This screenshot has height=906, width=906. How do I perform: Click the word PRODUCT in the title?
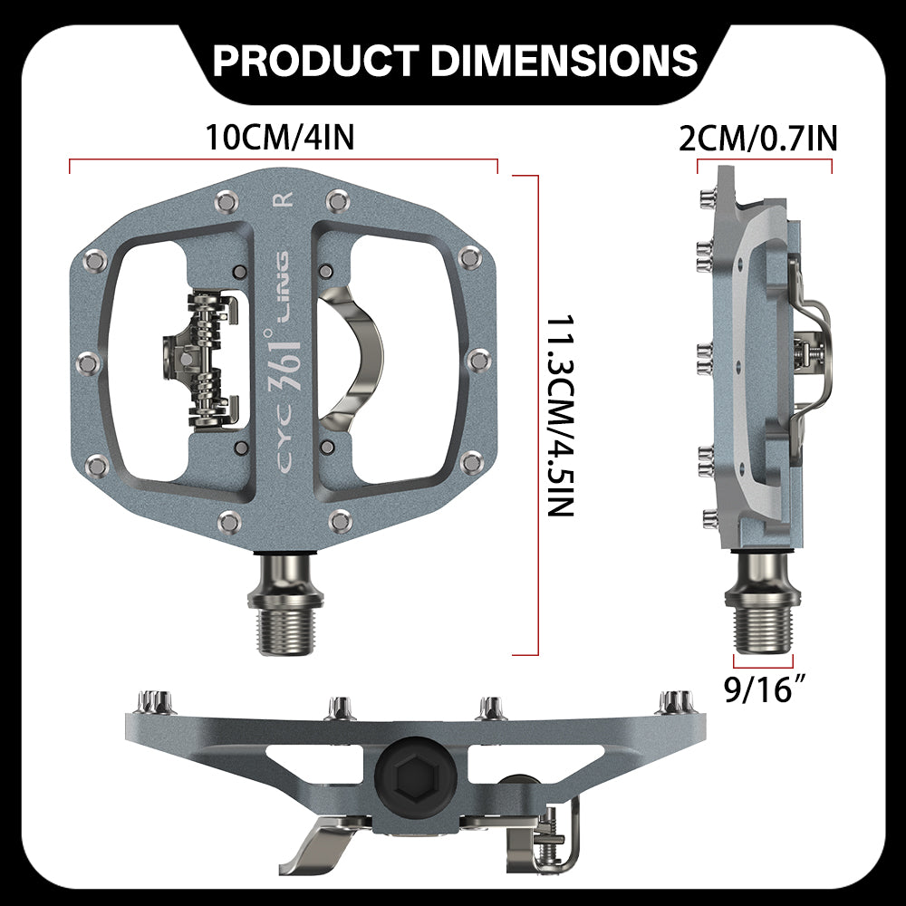[x=315, y=60]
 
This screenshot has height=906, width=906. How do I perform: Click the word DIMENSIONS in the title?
[x=564, y=60]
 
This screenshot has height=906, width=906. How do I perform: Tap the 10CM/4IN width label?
[x=280, y=138]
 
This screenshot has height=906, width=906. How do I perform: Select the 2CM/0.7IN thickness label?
[x=757, y=139]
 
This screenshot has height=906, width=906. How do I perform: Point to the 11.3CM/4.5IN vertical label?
[x=561, y=415]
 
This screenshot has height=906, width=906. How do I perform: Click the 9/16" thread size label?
[x=764, y=689]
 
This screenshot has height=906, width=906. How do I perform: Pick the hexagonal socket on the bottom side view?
[x=416, y=777]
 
